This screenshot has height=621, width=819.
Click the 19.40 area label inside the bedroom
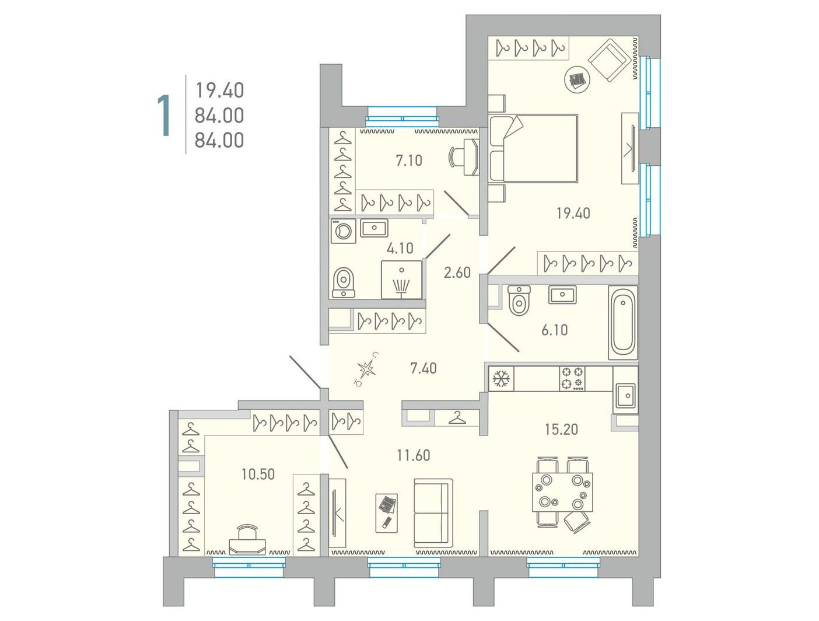coord(573,214)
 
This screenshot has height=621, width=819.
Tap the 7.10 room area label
coord(409,161)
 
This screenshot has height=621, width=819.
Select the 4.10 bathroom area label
coord(400,248)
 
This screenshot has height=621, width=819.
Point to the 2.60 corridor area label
coord(457,273)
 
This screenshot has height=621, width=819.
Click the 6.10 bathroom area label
coord(554,330)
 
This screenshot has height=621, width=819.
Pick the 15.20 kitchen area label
coord(561,430)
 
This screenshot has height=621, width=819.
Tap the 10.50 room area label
coord(258,475)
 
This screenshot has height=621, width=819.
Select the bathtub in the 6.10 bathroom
coord(622,323)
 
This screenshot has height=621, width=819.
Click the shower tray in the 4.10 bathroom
coord(401,280)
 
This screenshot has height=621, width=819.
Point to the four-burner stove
coord(572,379)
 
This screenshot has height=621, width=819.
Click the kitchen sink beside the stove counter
coord(625,396)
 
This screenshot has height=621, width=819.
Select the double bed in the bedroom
coord(534,148)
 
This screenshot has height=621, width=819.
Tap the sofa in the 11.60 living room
coord(433,513)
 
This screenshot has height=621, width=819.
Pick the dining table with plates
coord(562,492)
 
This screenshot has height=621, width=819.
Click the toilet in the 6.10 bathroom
coord(519,301)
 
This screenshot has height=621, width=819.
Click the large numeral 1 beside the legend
coord(164,116)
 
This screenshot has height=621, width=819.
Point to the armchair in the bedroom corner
coord(610,60)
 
